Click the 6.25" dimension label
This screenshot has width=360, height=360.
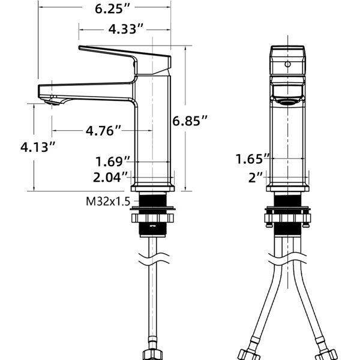click(x=113, y=9)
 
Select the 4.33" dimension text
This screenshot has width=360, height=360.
click(x=126, y=29)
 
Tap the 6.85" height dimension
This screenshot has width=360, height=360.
click(x=190, y=121)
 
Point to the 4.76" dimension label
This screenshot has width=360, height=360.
click(x=103, y=131)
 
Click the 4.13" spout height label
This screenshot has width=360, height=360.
click(x=38, y=147)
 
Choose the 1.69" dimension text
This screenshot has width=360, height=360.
click(x=113, y=161)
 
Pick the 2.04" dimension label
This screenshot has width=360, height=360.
click(x=110, y=177)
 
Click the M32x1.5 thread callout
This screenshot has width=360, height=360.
click(x=108, y=202)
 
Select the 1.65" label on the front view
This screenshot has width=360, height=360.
click(x=253, y=159)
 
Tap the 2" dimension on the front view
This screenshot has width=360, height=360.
click(x=256, y=178)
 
